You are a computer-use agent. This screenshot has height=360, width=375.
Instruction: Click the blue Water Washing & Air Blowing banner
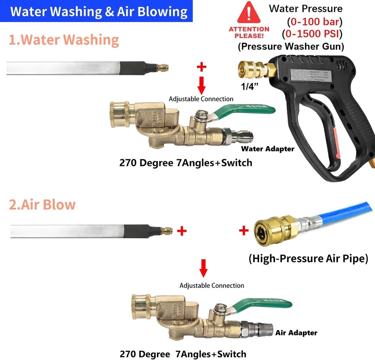[99, 11]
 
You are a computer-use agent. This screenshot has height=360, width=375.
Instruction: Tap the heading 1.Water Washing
[64, 40]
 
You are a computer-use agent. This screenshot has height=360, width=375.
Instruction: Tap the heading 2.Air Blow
[42, 205]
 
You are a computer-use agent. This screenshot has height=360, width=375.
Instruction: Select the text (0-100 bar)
[314, 21]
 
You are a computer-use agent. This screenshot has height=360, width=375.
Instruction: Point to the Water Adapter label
[267, 149]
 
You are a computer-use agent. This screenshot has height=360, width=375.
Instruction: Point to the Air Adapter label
[296, 333]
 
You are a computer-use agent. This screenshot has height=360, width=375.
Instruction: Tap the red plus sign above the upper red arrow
[201, 67]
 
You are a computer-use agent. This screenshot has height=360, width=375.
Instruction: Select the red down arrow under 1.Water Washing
[201, 85]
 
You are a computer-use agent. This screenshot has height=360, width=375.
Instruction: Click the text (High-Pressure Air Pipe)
[308, 258]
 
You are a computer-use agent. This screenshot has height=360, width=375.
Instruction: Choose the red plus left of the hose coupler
[244, 230]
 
